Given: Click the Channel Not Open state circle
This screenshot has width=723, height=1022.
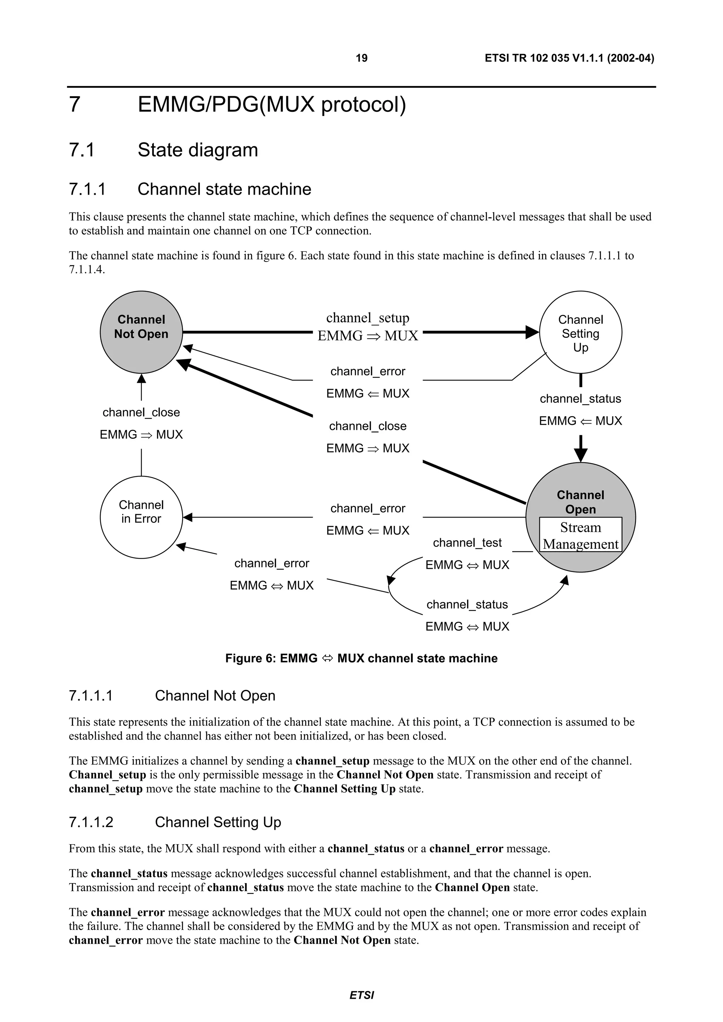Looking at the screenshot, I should click(141, 332).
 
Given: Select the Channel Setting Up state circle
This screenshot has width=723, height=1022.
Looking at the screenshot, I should click(580, 333).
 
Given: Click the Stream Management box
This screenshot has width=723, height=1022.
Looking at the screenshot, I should click(580, 535).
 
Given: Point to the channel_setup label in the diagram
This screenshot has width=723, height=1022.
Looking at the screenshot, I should click(368, 318).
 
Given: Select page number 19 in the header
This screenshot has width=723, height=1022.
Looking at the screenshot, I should click(361, 58).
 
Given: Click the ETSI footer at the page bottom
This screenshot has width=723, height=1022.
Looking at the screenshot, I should click(361, 995).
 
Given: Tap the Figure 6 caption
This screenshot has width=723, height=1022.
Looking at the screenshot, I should click(361, 658).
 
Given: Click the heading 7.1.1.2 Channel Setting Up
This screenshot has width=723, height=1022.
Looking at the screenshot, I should click(175, 822).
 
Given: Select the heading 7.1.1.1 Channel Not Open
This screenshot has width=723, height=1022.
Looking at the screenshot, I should click(172, 696).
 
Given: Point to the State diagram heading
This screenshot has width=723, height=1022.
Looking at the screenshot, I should click(197, 150).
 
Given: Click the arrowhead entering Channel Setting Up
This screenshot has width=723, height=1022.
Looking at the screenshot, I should click(533, 332).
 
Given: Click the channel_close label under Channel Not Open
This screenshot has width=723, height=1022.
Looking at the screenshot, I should click(141, 412).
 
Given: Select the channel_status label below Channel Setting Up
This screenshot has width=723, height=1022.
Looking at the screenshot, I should click(580, 399).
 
